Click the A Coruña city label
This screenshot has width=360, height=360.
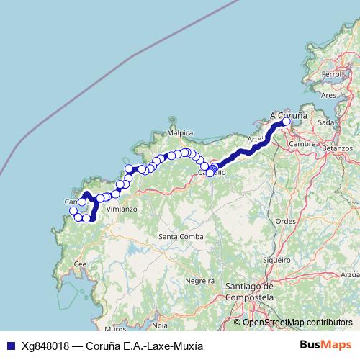pyautogui.click(x=288, y=114)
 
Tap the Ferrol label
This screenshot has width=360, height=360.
pyautogui.click(x=332, y=74)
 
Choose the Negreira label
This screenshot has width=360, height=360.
pyautogui.click(x=200, y=279)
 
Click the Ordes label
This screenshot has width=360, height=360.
pyautogui.click(x=286, y=222)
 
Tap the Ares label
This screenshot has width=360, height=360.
pyautogui.click(x=328, y=95)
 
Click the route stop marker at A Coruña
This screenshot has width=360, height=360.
pyautogui.click(x=286, y=122)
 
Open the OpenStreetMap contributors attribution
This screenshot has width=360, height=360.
pyautogui.click(x=297, y=323)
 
